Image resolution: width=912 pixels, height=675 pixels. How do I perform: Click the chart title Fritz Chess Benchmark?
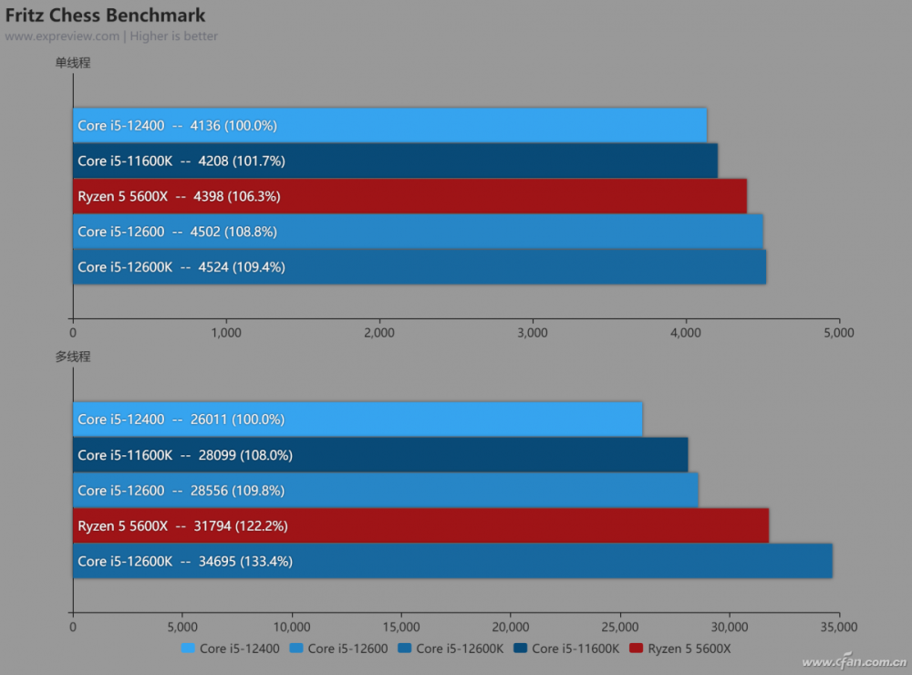tap(106, 16)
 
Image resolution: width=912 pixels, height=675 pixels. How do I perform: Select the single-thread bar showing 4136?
tap(389, 126)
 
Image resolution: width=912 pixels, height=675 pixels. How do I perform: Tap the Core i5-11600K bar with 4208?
tap(395, 161)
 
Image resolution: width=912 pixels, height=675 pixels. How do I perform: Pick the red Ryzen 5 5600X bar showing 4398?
tap(409, 196)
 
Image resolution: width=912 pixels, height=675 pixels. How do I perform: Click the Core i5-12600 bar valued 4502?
tap(418, 232)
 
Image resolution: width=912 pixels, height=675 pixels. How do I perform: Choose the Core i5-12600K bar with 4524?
tap(420, 267)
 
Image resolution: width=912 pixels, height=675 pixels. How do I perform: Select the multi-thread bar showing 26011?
tap(358, 420)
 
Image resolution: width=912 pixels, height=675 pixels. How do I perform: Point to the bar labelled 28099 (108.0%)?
tap(380, 455)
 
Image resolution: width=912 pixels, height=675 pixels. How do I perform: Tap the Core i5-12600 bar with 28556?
tap(386, 491)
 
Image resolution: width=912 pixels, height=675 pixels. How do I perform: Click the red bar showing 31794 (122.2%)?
tap(420, 526)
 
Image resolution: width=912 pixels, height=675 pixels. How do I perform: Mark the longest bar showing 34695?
tap(452, 562)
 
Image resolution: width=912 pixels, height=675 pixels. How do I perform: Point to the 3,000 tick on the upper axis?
tap(532, 333)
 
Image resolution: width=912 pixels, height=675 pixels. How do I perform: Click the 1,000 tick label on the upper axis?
tap(225, 333)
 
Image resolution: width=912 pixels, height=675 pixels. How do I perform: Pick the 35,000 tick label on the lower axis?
tap(838, 627)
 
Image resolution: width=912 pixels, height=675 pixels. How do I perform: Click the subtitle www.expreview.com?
tap(62, 36)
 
